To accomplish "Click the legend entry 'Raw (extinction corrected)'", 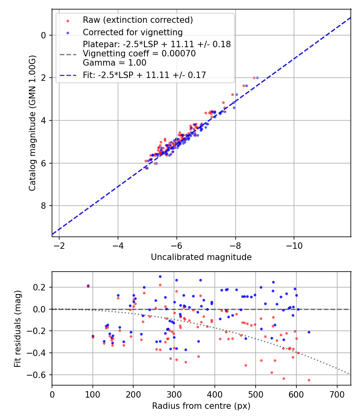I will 138,20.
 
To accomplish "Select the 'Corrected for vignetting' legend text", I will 132,32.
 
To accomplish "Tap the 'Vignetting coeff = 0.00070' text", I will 139,54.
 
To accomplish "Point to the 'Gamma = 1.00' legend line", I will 114,63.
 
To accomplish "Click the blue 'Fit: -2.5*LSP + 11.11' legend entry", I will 144,75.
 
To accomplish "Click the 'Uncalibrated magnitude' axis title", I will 201,257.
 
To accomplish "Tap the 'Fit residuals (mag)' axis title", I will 17,328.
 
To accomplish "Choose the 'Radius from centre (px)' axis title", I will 201,406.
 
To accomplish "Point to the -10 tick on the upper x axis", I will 294,245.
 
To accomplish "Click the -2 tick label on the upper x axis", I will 59,245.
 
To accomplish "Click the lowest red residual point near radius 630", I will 309,380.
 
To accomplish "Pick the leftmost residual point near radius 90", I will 88,286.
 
